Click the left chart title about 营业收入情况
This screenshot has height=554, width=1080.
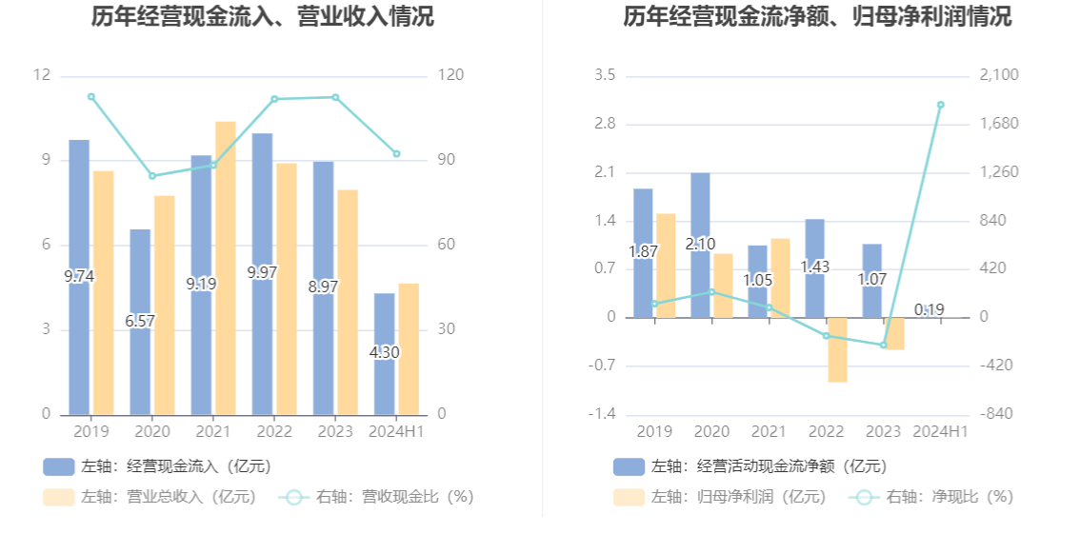[x=262, y=16]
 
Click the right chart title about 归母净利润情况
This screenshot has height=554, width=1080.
[x=817, y=16]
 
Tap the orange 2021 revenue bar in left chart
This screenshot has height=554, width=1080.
[x=225, y=267]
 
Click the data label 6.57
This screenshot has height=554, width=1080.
[x=140, y=321]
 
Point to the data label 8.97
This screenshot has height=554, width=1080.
[x=324, y=286]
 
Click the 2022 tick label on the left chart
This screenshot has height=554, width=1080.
[x=274, y=432]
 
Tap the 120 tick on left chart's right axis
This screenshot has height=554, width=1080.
[x=450, y=75]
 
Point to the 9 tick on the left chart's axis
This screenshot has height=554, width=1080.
[x=46, y=160]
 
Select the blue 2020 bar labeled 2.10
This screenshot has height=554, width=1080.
[x=700, y=209]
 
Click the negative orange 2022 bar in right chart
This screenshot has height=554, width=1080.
[x=837, y=349]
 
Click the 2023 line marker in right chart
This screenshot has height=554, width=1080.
[x=883, y=345]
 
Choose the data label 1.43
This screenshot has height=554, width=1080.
[x=814, y=267]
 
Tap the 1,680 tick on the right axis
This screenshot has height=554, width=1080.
[x=999, y=124]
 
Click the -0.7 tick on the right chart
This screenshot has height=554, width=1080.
[x=605, y=366]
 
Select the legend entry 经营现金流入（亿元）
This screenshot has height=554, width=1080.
[x=157, y=466]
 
